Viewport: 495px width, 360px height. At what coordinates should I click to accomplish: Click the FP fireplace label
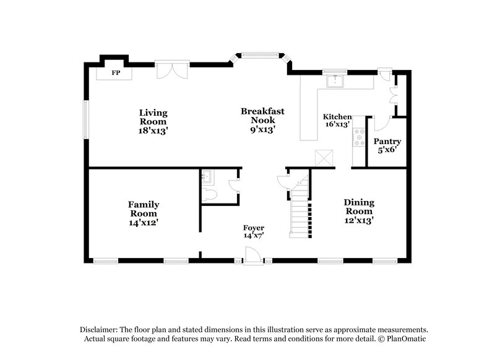(x=114, y=73)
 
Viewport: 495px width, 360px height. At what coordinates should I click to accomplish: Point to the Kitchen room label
(x=337, y=117)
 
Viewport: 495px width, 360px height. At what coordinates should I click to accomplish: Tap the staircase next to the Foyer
(x=300, y=210)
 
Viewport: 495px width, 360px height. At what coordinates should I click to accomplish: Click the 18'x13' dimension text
(x=153, y=131)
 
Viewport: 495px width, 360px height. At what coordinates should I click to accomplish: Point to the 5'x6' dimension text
(x=387, y=150)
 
